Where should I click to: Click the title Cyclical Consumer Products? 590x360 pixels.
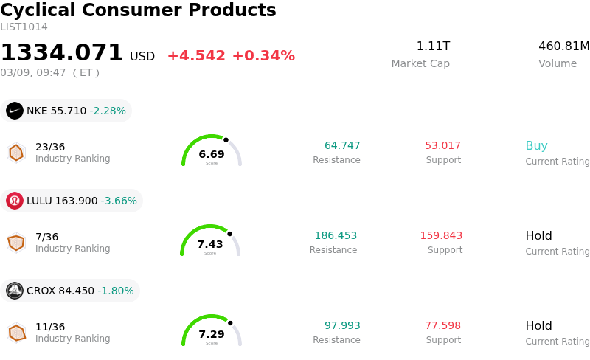138,11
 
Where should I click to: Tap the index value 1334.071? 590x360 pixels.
62,53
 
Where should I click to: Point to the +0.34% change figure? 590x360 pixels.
263,56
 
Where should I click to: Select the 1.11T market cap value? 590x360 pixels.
433,46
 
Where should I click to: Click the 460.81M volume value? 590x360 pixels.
563,46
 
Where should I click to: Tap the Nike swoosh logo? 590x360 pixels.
15,111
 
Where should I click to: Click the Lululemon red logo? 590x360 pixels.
15,201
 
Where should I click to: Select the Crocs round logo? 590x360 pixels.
15,291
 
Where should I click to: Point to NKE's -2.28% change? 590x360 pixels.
108,111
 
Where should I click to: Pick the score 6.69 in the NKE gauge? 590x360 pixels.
212,154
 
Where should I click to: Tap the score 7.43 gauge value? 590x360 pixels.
210,244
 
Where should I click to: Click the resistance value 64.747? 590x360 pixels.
342,146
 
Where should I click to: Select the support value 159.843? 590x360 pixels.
441,236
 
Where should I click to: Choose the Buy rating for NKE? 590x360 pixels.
536,146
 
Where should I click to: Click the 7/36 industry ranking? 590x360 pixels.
46,237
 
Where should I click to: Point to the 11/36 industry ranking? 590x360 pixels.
50,327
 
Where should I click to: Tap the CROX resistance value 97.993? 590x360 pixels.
342,326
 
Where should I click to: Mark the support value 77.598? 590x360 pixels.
442,326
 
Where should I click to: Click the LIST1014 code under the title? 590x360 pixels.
24,27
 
